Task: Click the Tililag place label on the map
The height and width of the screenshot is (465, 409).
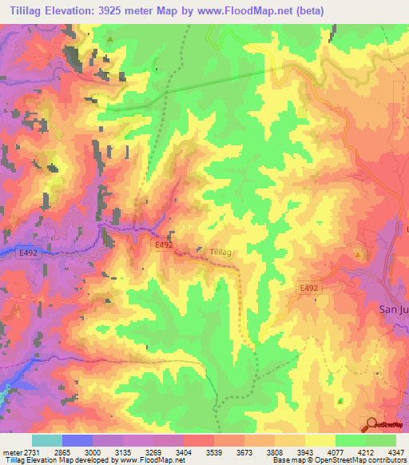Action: point(221,252)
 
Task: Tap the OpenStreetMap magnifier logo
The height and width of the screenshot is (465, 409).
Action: point(371,425)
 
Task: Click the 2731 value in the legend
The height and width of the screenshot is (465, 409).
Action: point(29,452)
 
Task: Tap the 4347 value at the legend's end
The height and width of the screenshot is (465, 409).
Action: point(395,452)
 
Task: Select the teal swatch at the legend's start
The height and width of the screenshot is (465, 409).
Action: point(46,440)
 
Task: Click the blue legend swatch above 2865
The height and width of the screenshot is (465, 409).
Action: point(77,440)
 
